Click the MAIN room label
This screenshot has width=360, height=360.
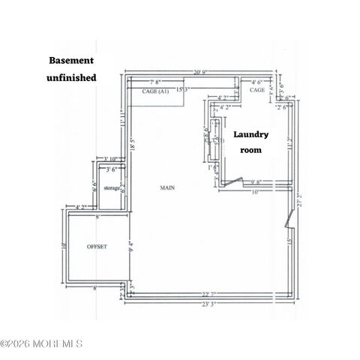166,187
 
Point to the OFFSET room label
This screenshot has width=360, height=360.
97,246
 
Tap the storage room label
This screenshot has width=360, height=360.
112,187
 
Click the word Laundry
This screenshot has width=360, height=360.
251,135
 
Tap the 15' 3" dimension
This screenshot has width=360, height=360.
181,90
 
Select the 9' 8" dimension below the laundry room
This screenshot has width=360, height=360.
255,181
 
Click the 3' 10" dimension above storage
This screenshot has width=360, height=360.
112,159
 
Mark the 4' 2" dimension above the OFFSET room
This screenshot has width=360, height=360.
82,206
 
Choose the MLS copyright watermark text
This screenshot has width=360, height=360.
41,344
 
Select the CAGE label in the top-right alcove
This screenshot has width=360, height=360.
257,90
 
